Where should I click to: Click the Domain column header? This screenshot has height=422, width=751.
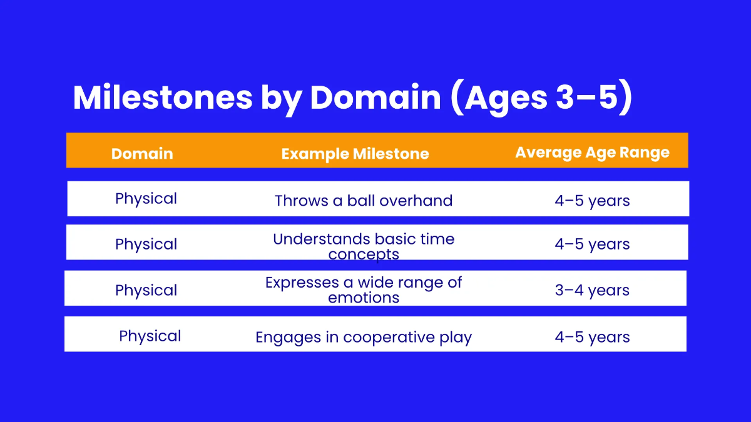click(x=142, y=154)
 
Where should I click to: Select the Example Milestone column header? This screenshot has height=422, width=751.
click(x=355, y=154)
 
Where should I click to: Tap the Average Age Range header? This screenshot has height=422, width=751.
click(x=592, y=153)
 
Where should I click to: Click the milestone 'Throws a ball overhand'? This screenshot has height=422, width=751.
click(x=363, y=201)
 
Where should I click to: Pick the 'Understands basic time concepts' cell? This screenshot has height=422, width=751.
click(x=364, y=246)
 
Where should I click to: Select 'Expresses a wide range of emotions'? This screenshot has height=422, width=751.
click(x=364, y=289)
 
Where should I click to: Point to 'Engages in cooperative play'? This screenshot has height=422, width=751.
click(x=363, y=338)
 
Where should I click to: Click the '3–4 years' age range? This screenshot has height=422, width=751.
click(x=592, y=290)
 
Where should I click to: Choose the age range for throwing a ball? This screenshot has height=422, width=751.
click(x=592, y=201)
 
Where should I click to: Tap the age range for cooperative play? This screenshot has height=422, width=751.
click(x=592, y=338)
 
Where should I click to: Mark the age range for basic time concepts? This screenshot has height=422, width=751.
click(x=592, y=244)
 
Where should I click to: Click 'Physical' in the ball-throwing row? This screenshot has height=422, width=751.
click(x=146, y=199)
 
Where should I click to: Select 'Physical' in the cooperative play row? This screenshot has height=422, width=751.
click(x=150, y=336)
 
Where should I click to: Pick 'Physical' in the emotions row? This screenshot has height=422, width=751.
click(x=146, y=290)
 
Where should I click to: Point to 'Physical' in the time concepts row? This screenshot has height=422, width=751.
click(x=146, y=244)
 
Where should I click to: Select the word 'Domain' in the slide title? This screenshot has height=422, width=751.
click(x=375, y=98)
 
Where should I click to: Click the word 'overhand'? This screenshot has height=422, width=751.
click(x=416, y=201)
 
